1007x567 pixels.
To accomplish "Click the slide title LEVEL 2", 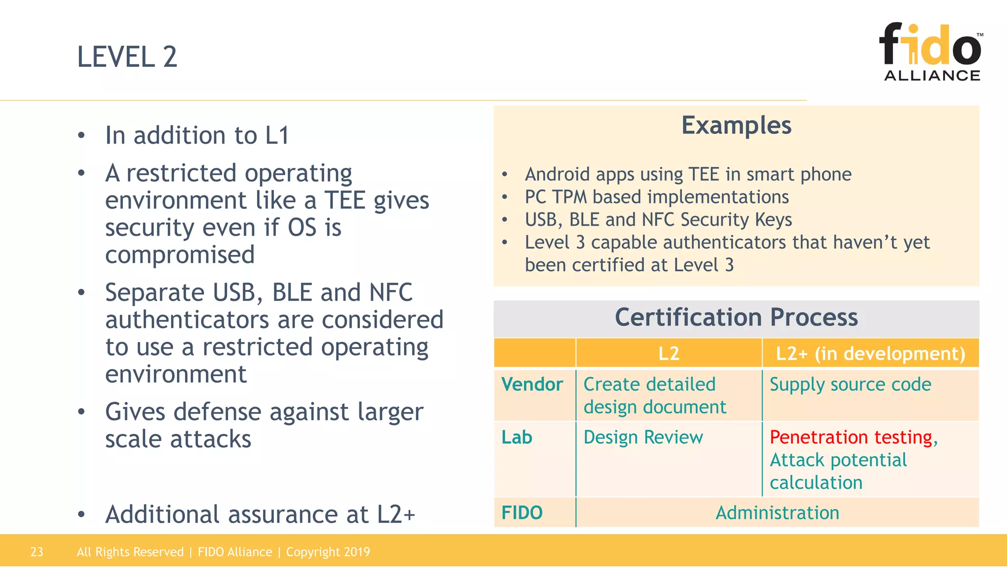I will point(127,57).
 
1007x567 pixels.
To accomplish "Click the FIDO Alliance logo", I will point(931,52).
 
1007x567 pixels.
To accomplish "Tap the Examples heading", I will point(736,126).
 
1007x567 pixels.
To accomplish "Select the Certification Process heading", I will point(736,317).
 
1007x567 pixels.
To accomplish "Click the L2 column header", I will point(669,353).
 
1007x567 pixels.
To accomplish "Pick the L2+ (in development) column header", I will point(870,353).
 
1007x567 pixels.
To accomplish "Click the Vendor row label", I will point(532,384).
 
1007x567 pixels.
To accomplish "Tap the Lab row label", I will point(517,438).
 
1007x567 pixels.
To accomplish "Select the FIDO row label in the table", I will point(522,513).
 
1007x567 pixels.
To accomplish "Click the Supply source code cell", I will point(850,384).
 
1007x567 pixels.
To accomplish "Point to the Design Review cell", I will point(643,438).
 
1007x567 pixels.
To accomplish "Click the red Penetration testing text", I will point(851,437).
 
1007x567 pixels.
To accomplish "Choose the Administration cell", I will point(777,513).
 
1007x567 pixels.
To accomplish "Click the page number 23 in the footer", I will point(37,552).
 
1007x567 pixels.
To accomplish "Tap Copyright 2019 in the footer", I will point(328,552).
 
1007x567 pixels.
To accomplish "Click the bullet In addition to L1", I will point(197,135).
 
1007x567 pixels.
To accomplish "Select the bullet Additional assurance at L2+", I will point(260,514).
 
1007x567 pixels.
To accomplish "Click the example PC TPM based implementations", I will point(656,197).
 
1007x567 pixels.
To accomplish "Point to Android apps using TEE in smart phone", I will point(688,174).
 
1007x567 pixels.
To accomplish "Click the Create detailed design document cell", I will point(654,396).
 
